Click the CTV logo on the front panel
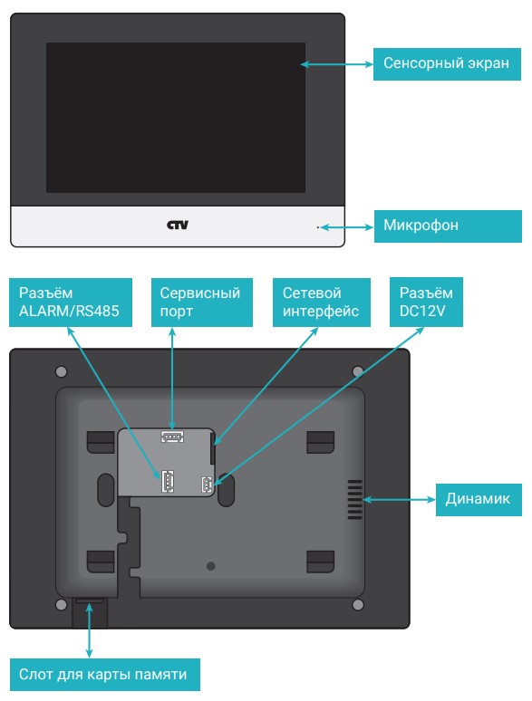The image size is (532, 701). coord(178,225)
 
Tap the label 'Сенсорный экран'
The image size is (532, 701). coord(447,64)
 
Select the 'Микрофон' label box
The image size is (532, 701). coord(448,226)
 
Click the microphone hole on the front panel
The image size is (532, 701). coord(318,227)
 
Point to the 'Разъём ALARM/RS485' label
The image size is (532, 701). coord(71,302)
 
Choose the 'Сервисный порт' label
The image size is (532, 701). coord(202,302)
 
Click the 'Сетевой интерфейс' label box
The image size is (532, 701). coord(321,302)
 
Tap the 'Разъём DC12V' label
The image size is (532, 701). coord(426,302)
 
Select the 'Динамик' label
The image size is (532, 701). coord(479,499)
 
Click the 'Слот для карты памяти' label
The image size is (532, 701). coord(105,674)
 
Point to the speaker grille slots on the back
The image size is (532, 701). coord(354,500)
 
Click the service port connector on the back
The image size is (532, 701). coord(172,436)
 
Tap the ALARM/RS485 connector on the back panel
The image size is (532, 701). coord(168,481)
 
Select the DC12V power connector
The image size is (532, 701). coord(208,485)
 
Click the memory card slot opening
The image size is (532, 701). coord(90,601)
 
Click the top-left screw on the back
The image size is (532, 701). coord(62,371)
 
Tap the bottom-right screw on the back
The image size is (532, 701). coord(357,605)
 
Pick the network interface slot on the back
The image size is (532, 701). coord(213,449)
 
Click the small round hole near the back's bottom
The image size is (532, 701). coord(211,566)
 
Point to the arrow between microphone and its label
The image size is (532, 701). coord(347,227)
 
